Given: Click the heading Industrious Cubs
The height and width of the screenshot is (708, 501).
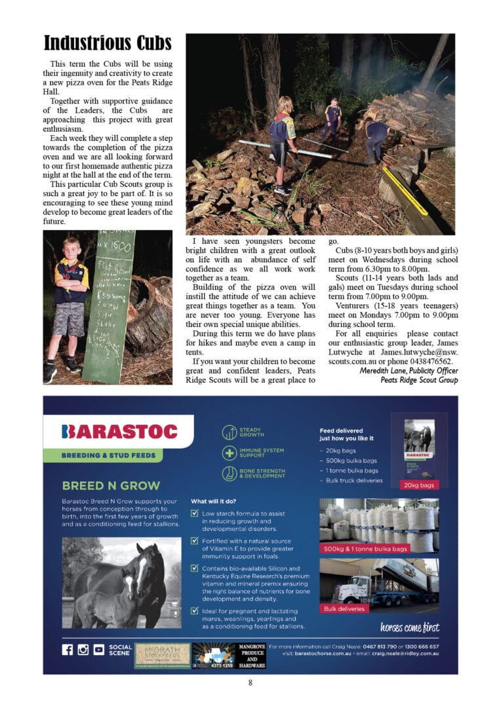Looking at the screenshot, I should (108, 44).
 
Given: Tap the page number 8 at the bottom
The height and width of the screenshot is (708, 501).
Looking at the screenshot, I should (250, 683).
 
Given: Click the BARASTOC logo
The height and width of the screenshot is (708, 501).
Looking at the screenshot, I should (119, 431).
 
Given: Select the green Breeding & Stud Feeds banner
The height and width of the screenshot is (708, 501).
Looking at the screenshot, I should (108, 455).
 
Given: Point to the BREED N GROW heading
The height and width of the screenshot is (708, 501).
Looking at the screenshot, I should (111, 486).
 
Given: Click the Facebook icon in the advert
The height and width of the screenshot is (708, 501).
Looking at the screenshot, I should (68, 650).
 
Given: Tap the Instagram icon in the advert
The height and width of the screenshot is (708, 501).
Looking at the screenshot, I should (83, 650).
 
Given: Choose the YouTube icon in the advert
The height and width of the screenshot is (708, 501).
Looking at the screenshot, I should (99, 650).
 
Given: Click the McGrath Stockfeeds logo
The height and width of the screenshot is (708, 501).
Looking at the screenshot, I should (162, 655).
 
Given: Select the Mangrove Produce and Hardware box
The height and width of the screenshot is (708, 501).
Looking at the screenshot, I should (251, 655).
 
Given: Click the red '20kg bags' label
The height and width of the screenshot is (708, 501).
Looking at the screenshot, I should (419, 484).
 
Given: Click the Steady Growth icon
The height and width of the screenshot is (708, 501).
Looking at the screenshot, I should (230, 432).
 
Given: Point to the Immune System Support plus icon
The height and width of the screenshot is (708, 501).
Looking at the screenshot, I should (230, 453).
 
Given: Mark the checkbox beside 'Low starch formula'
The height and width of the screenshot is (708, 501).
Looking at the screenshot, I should (195, 514).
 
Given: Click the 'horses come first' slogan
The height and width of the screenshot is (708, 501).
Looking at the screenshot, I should (409, 627).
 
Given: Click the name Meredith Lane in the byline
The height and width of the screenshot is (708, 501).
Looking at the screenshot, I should (386, 370).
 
